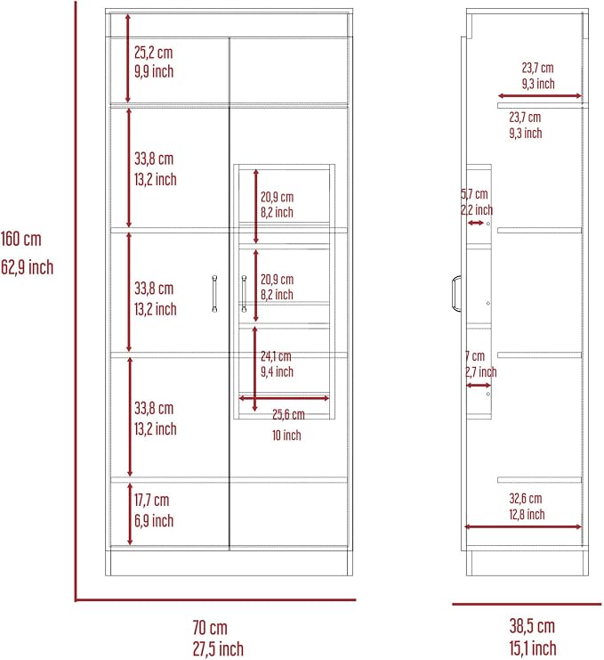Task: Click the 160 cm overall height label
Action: [x=21, y=239]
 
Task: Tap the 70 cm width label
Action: [x=210, y=628]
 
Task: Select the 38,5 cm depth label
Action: [x=532, y=626]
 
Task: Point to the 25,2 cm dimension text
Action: [x=153, y=53]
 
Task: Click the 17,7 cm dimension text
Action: [x=152, y=500]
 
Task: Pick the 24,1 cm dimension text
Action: [x=276, y=356]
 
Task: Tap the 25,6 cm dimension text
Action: [x=288, y=414]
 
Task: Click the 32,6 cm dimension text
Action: [x=526, y=499]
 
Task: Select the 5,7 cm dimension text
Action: [x=474, y=194]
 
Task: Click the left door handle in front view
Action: [x=214, y=294]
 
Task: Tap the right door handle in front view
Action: [x=245, y=294]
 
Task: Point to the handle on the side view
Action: [x=455, y=293]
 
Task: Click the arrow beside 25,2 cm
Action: [x=128, y=58]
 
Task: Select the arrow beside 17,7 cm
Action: [x=130, y=514]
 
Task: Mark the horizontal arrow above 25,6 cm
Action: [x=284, y=398]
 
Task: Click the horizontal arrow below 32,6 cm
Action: [x=523, y=526]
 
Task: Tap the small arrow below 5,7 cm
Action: [x=476, y=223]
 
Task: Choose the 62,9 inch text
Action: [x=27, y=267]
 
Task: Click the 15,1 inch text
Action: [x=533, y=648]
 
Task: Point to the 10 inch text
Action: [x=286, y=436]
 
